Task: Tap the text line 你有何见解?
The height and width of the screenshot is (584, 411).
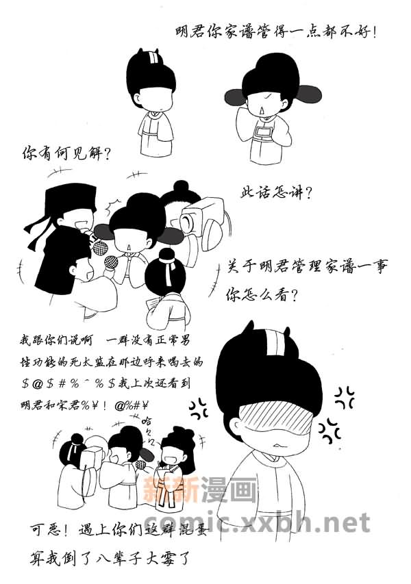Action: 66,153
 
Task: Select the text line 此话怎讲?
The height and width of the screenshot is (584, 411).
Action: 276,192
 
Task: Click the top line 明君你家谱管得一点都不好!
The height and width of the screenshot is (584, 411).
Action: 277,31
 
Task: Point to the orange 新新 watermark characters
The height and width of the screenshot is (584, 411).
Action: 171,489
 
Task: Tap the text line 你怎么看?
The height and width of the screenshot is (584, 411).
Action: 262,295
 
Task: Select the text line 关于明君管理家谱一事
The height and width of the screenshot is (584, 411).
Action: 308,267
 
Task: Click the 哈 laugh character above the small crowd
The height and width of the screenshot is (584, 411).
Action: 147,421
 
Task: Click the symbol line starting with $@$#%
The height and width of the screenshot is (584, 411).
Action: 105,383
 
